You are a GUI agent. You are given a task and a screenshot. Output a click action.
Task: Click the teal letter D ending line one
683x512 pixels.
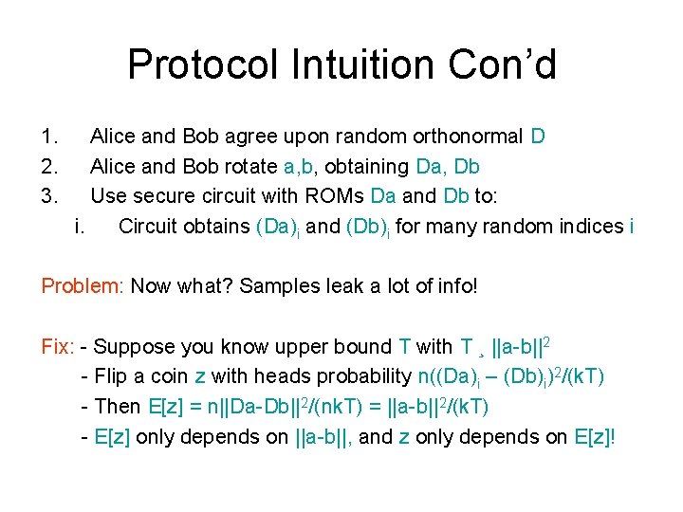pyautogui.click(x=538, y=137)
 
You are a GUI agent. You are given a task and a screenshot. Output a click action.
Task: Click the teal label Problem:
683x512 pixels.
pyautogui.click(x=83, y=286)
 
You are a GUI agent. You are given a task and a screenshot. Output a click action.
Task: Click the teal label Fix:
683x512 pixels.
pyautogui.click(x=58, y=347)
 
